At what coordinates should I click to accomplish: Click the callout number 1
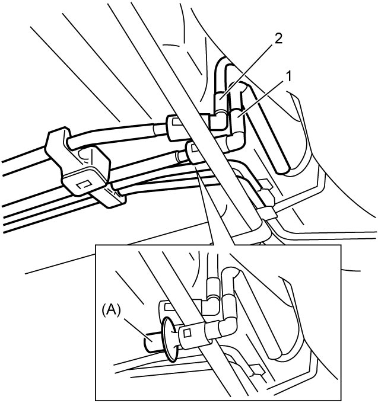pos(289,76)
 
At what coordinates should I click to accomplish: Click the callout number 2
pos(278,39)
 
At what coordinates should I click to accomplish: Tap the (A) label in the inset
pos(111,310)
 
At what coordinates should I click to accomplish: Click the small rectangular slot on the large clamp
pos(84,184)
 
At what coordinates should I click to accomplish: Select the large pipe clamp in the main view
pos(77,161)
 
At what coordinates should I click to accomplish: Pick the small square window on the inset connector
pos(187,333)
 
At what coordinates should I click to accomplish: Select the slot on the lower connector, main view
pos(194,148)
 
